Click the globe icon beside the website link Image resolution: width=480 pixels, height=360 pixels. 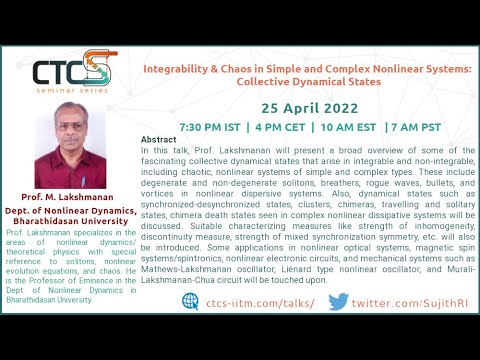pyautogui.click(x=190, y=301)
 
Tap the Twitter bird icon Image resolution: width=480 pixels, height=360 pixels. pyautogui.click(x=339, y=301)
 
